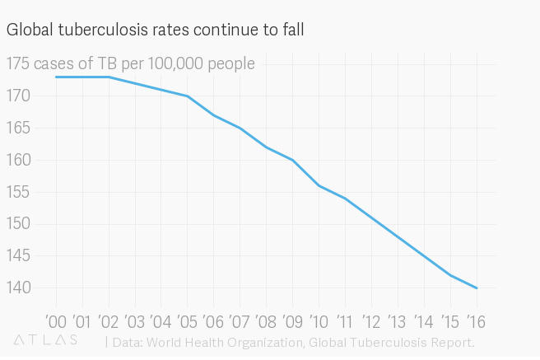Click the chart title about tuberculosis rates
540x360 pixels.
(156, 30)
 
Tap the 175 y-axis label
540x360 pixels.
(17, 64)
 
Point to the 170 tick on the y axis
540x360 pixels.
(17, 96)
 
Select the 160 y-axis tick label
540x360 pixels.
(17, 161)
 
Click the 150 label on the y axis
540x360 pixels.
(17, 224)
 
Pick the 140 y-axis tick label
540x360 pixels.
(17, 288)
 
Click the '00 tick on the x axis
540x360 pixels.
(56, 320)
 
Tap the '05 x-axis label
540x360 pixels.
(188, 320)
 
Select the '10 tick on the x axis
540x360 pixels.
(319, 320)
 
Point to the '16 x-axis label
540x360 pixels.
(477, 320)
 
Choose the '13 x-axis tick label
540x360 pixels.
(398, 320)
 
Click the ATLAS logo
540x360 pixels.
(46, 339)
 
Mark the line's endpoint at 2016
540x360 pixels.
(477, 288)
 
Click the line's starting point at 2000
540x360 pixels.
(56, 77)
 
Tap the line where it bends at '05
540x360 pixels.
(188, 96)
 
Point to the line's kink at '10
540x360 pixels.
(319, 186)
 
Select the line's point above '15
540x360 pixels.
(450, 275)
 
